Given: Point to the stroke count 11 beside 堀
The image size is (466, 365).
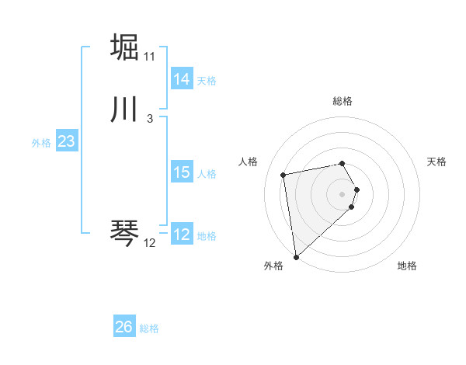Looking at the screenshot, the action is click(149, 57).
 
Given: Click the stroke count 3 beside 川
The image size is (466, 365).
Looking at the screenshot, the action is click(149, 119).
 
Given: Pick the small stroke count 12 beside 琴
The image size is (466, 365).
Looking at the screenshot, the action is click(149, 243).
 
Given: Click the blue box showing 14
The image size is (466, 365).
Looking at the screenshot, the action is click(182, 79).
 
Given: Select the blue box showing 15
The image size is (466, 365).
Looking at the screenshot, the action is click(182, 172).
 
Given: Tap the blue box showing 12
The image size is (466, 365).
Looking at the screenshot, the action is click(182, 235).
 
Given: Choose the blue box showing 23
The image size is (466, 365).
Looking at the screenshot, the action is click(66, 141).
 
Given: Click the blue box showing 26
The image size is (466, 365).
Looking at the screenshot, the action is click(124, 327).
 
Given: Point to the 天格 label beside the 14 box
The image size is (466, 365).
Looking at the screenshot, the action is click(207, 81).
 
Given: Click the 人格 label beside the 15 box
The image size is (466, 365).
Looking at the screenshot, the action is click(207, 174).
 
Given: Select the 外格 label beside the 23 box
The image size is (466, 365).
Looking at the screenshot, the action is click(41, 143).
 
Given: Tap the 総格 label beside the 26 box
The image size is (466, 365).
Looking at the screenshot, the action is click(149, 328).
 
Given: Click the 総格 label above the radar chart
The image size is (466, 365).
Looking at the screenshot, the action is click(343, 101).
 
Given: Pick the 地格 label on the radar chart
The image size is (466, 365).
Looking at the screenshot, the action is click(407, 266).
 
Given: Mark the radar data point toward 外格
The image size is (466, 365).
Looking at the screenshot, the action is click(295, 257).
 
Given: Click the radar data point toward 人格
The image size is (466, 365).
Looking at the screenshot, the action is click(283, 174).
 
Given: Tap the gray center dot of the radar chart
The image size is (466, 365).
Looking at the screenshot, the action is click(343, 193).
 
